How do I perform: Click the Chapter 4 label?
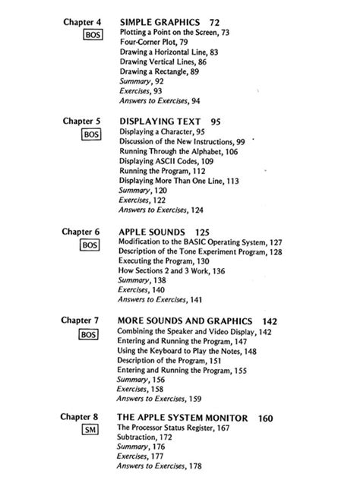[x=81, y=25]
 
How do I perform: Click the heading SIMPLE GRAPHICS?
[x=156, y=25]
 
